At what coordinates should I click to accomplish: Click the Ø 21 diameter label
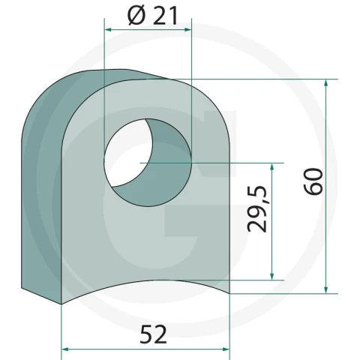153,16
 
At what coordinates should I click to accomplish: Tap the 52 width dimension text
153,334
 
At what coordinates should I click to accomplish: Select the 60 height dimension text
313,181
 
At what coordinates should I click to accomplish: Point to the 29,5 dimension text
257,209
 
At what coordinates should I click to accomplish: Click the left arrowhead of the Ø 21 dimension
108,30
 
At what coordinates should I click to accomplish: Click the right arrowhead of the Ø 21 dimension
187,30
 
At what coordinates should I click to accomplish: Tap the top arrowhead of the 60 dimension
325,83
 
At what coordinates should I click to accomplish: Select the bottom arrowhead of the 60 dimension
325,289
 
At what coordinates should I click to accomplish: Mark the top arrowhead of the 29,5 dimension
272,166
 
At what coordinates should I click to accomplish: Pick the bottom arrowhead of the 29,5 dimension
272,276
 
